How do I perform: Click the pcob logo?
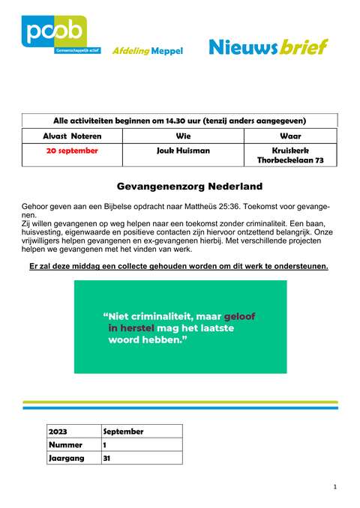click(54, 35)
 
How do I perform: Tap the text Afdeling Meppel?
click(146, 50)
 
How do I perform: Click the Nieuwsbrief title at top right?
click(268, 47)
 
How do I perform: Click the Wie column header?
click(183, 136)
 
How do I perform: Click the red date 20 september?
click(72, 151)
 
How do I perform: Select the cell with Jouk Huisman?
click(183, 151)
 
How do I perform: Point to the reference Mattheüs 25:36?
click(232, 205)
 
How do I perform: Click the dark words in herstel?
click(131, 328)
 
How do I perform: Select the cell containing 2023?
click(58, 432)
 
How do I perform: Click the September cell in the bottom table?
click(123, 432)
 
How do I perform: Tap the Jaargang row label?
click(67, 458)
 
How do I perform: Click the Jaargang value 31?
click(107, 458)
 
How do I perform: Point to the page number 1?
click(334, 488)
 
